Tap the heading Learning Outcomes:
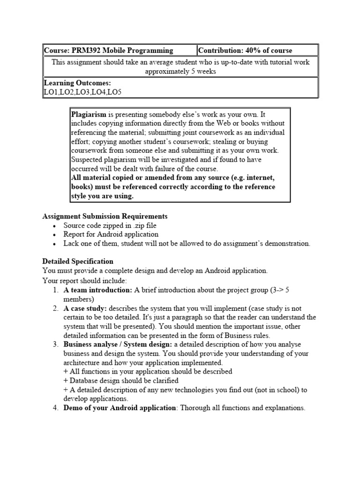click(77, 83)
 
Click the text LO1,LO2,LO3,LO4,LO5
click(82, 92)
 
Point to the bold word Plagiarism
click(89, 115)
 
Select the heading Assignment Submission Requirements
click(105, 216)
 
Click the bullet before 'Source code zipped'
click(55, 225)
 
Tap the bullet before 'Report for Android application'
click(55, 234)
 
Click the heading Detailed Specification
click(77, 261)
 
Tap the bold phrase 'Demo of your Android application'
click(119, 408)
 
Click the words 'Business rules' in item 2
click(251, 335)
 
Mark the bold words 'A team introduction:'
click(98, 290)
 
